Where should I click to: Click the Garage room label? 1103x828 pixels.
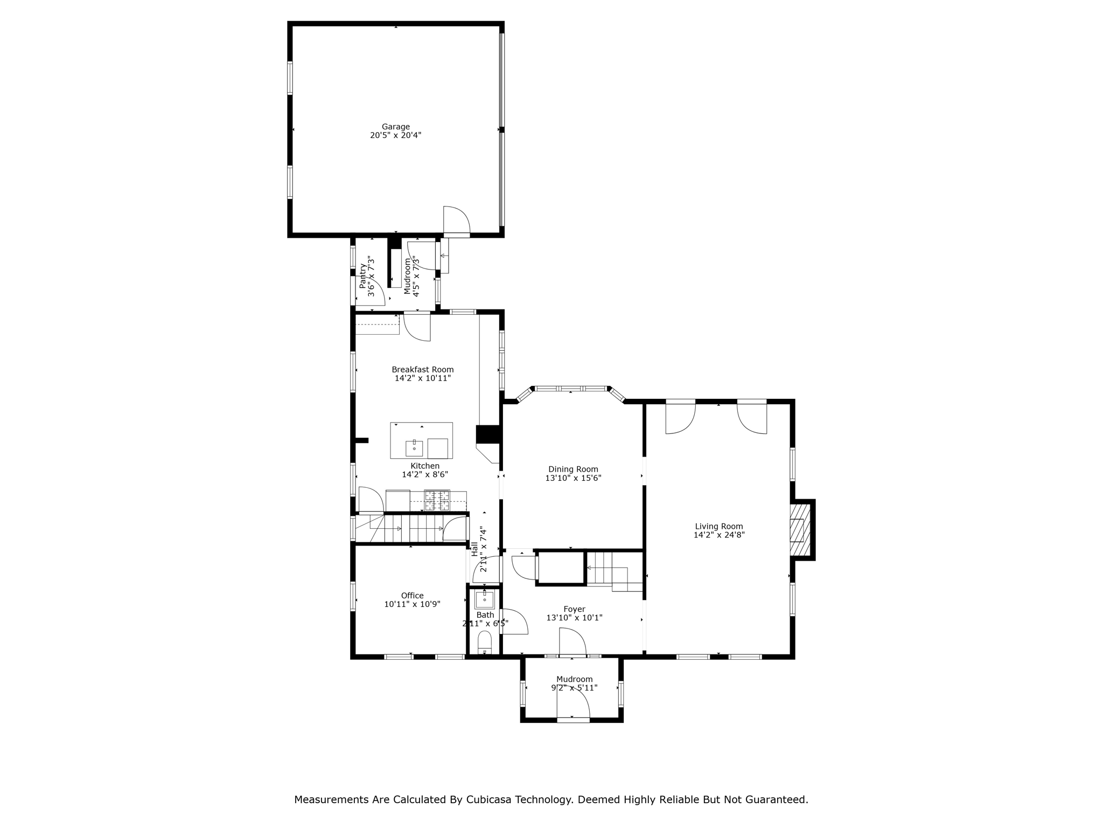click(396, 127)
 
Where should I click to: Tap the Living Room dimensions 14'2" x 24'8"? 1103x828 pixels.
click(719, 535)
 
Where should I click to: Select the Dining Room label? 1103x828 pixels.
click(573, 470)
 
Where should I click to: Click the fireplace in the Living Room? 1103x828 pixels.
click(800, 529)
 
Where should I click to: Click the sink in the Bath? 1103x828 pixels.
click(485, 599)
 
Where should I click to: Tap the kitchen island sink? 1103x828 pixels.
click(414, 447)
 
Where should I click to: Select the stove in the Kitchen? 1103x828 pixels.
click(437, 500)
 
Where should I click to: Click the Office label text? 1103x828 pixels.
click(412, 596)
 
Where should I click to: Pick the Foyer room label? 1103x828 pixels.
click(574, 609)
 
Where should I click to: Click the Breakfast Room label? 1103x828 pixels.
click(422, 369)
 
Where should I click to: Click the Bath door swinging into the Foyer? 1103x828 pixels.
click(514, 622)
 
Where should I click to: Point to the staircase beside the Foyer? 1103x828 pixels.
click(614, 571)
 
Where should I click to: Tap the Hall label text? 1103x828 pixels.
click(474, 549)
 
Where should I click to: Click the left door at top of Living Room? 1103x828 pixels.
click(680, 418)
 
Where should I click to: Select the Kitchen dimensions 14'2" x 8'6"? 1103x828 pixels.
click(425, 474)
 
